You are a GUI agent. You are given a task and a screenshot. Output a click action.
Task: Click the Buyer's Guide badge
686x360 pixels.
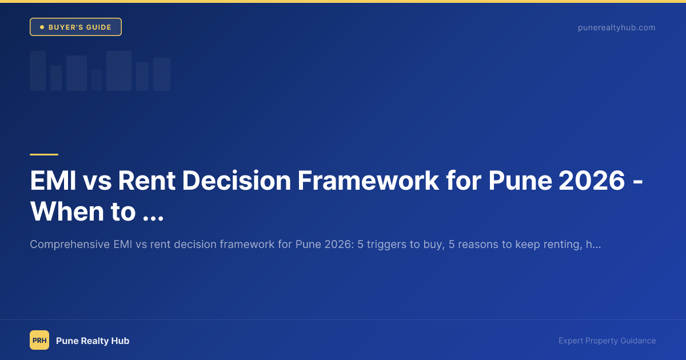(75, 27)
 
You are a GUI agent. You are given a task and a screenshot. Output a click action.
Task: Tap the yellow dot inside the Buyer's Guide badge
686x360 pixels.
(42, 27)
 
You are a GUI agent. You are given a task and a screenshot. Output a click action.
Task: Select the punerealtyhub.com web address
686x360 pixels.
(616, 27)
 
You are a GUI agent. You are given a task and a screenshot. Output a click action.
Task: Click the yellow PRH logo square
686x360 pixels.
(39, 340)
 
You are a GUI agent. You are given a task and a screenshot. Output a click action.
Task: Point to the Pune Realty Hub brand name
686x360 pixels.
(93, 341)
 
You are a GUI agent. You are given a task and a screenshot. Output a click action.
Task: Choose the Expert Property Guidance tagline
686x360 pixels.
(607, 341)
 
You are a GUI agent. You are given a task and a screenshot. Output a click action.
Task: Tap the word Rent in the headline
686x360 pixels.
(147, 181)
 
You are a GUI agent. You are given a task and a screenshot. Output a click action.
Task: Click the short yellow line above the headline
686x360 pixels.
(44, 154)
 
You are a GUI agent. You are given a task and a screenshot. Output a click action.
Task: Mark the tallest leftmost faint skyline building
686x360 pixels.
(38, 71)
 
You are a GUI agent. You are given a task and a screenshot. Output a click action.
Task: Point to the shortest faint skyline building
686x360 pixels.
(97, 80)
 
